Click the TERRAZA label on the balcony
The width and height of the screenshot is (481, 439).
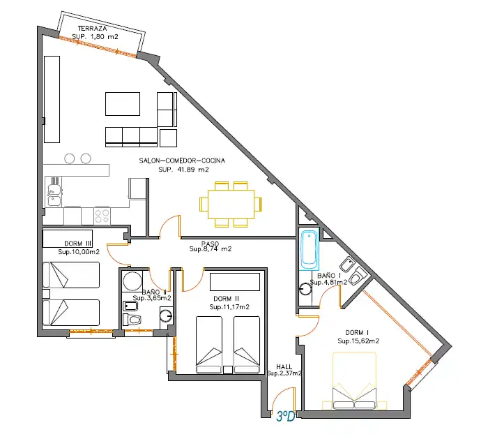[92, 29]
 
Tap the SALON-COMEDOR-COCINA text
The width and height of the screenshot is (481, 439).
[182, 161]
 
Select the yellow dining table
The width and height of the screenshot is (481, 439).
[231, 204]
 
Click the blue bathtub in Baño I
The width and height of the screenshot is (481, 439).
[309, 249]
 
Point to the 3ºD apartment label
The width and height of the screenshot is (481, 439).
[286, 416]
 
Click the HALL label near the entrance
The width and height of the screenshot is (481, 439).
[284, 367]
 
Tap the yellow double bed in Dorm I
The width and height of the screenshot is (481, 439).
[354, 380]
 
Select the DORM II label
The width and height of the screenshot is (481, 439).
[226, 299]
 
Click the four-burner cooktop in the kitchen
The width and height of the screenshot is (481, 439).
[102, 216]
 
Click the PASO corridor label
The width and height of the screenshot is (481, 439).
[210, 244]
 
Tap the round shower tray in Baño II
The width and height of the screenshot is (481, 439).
[132, 281]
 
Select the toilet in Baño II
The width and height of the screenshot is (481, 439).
[132, 320]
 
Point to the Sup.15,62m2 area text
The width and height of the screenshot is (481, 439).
[358, 341]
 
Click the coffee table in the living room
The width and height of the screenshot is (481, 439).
[123, 104]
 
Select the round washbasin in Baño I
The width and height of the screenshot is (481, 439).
[305, 289]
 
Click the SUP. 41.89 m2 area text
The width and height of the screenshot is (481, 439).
[183, 170]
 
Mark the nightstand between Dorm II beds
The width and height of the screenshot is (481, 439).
[228, 370]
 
